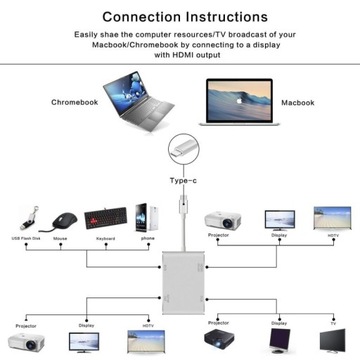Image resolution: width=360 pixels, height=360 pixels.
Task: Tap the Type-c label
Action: tap(184, 180)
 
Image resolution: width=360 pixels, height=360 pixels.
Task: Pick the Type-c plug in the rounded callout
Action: tap(184, 150)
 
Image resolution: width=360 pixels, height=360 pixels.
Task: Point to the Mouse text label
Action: tap(62, 239)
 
